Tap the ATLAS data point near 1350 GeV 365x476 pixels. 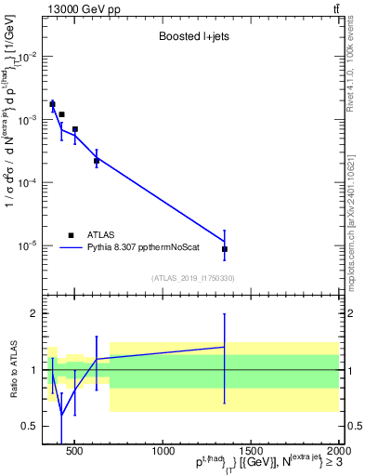coord(225,249)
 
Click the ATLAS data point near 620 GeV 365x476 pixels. coord(97,161)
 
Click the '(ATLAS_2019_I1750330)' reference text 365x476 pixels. coord(192,278)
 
